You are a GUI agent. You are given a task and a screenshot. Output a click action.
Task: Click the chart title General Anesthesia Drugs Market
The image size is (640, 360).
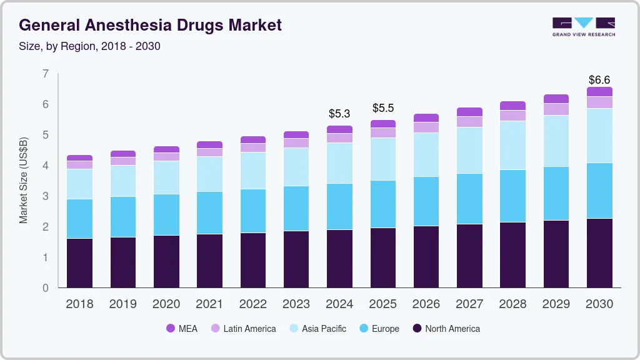click(x=150, y=26)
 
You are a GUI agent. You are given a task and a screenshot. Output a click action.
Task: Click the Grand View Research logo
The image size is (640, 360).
click(x=583, y=26)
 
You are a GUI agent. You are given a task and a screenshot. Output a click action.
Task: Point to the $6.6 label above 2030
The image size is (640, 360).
click(x=599, y=80)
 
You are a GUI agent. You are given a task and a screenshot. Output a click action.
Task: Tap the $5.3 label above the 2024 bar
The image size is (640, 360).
click(x=339, y=114)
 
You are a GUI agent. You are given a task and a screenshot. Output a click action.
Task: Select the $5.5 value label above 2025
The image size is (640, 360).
click(x=382, y=108)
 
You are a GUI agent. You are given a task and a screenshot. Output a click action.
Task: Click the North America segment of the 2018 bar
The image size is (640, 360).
click(x=79, y=262)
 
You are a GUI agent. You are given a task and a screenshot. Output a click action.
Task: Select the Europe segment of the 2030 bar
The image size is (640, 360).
click(x=599, y=191)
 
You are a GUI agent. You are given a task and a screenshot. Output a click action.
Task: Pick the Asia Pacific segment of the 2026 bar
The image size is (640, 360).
click(x=426, y=154)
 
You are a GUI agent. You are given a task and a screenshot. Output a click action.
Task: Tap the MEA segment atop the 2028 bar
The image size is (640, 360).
click(x=512, y=106)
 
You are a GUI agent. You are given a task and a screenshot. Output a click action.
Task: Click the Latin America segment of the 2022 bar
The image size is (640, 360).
click(x=253, y=147)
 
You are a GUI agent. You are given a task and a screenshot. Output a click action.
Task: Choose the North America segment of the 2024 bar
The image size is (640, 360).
click(x=339, y=258)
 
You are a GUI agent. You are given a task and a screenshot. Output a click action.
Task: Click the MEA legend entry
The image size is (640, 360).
click(x=182, y=328)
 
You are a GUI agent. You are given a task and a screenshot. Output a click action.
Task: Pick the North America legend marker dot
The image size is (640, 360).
click(x=417, y=328)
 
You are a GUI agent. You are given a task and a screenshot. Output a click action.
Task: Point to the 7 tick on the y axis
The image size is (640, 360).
click(x=45, y=74)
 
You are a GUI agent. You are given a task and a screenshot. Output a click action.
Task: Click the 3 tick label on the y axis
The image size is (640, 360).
click(x=45, y=196)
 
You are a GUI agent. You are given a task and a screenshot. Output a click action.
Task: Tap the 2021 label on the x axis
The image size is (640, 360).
click(x=209, y=304)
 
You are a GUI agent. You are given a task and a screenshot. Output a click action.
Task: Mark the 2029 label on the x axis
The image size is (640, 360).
click(x=556, y=304)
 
